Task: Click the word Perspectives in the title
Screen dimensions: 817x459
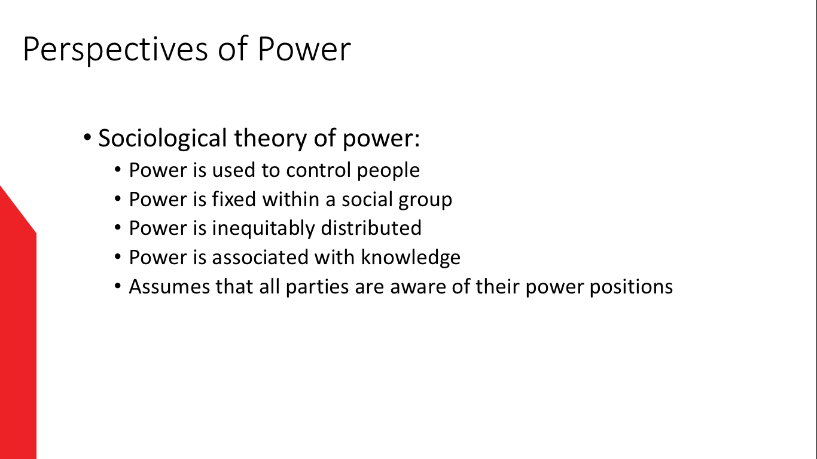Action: click(x=115, y=49)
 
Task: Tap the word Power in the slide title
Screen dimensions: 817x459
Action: click(x=304, y=48)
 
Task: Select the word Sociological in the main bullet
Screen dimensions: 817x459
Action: click(x=163, y=138)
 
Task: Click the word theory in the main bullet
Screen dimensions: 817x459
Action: click(x=270, y=139)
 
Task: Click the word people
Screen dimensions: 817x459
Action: click(x=388, y=171)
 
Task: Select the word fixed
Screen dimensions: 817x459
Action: click(x=234, y=199)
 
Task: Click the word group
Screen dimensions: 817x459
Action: click(x=425, y=200)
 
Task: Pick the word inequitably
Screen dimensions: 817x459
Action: click(x=263, y=229)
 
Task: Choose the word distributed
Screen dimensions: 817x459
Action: click(x=371, y=228)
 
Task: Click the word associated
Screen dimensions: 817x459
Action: click(x=260, y=257)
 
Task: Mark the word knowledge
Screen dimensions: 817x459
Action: click(x=411, y=258)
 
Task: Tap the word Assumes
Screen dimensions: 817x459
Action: click(x=169, y=286)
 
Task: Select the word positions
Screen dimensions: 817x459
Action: click(x=631, y=287)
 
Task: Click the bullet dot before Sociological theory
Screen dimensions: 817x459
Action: click(x=87, y=137)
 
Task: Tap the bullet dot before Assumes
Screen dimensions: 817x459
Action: click(x=117, y=286)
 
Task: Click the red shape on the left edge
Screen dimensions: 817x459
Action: click(x=17, y=328)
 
